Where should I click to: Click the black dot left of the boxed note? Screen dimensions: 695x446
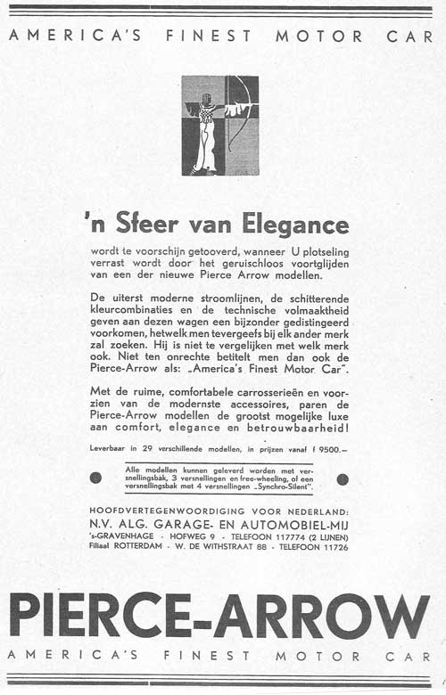tap(96, 478)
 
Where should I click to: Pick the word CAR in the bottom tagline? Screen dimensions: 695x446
tap(409, 657)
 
